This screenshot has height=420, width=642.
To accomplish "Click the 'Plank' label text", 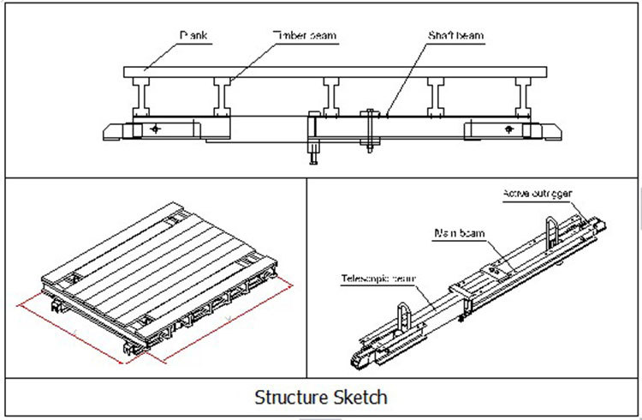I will [x=193, y=36].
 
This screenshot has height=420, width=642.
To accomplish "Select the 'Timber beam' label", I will [x=306, y=36].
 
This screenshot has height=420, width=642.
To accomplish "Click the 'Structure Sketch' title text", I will [x=321, y=398].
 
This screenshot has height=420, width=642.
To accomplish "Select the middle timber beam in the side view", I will [x=331, y=98].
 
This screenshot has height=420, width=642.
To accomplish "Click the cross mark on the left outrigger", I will [x=155, y=129].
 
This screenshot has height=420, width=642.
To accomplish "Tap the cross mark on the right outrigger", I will [x=513, y=129].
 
